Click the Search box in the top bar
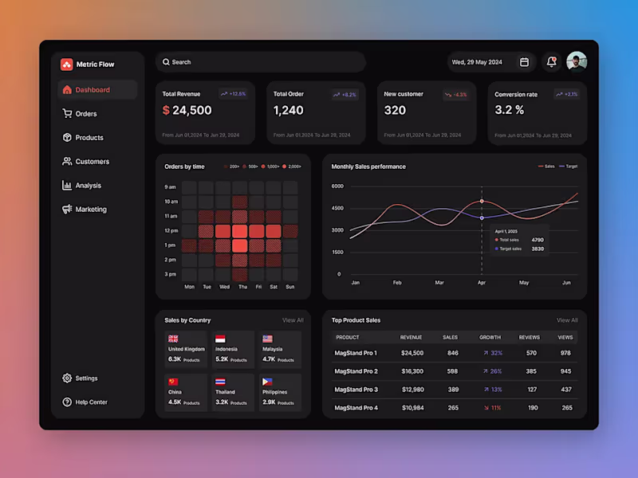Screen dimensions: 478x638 pyautogui.click(x=259, y=62)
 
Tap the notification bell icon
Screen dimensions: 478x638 pyautogui.click(x=551, y=62)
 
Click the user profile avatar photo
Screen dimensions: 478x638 pyautogui.click(x=577, y=62)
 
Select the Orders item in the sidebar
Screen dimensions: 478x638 pyautogui.click(x=85, y=114)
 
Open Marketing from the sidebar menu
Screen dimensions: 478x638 pyautogui.click(x=90, y=210)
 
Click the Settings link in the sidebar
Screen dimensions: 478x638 pyautogui.click(x=86, y=378)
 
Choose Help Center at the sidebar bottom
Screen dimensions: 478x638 pyautogui.click(x=91, y=402)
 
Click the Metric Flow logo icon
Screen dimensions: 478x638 pyautogui.click(x=66, y=65)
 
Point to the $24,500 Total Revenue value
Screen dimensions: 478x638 pyautogui.click(x=187, y=111)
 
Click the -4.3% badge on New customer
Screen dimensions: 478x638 pyautogui.click(x=456, y=94)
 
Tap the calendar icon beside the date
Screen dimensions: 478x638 pyautogui.click(x=524, y=62)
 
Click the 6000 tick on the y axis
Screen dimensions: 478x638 pyautogui.click(x=337, y=186)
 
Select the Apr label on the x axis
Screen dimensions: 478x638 pyautogui.click(x=481, y=283)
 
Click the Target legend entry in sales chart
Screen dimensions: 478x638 pyautogui.click(x=568, y=167)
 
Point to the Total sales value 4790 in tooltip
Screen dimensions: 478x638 pyautogui.click(x=538, y=240)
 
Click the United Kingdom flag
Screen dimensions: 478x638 pyautogui.click(x=173, y=339)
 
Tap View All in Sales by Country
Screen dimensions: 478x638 pyautogui.click(x=293, y=320)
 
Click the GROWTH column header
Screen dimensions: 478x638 pyautogui.click(x=490, y=338)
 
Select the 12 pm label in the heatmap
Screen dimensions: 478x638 pyautogui.click(x=171, y=230)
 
